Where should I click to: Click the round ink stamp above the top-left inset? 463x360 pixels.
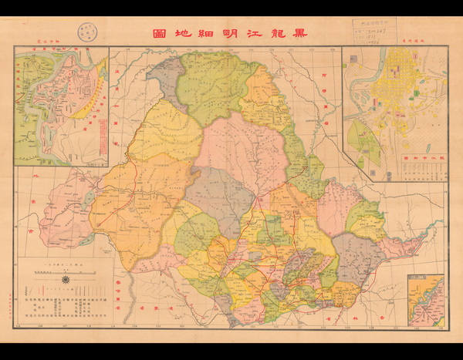pyautogui.click(x=84, y=33)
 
